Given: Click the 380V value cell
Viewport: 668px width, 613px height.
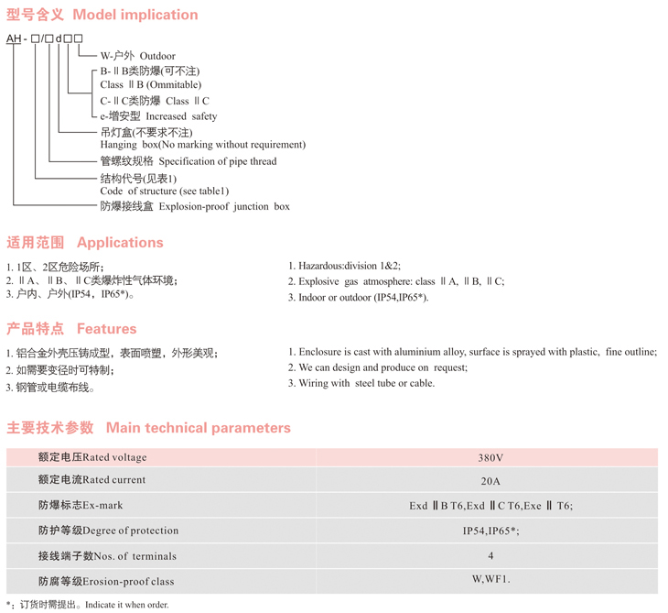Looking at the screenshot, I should [490, 458].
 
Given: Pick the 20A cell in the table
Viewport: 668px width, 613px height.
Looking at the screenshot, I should [490, 481].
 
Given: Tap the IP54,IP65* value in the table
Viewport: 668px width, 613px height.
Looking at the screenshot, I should [490, 531].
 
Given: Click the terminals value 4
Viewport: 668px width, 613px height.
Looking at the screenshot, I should [490, 556].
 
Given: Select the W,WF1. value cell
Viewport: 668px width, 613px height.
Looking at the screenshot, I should [490, 579].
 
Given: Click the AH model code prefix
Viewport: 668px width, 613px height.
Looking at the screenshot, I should [14, 38].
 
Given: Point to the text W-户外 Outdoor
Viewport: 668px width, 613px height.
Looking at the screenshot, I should [137, 57].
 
